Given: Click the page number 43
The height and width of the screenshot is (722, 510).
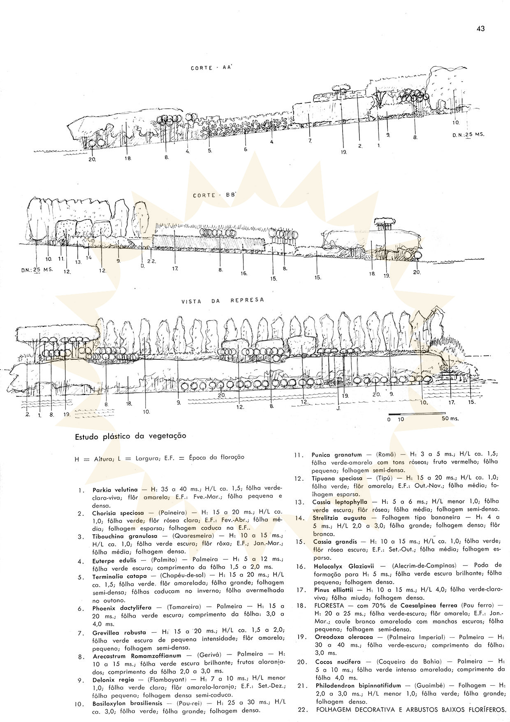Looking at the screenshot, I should tap(481, 28).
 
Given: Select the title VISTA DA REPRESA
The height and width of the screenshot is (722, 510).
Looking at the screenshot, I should tap(223, 300).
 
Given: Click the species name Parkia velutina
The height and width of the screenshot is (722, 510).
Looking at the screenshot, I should tap(115, 490).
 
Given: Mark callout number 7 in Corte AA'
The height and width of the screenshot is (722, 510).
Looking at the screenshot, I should tap(310, 140).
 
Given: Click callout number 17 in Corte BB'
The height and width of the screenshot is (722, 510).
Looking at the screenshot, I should tap(175, 268).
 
